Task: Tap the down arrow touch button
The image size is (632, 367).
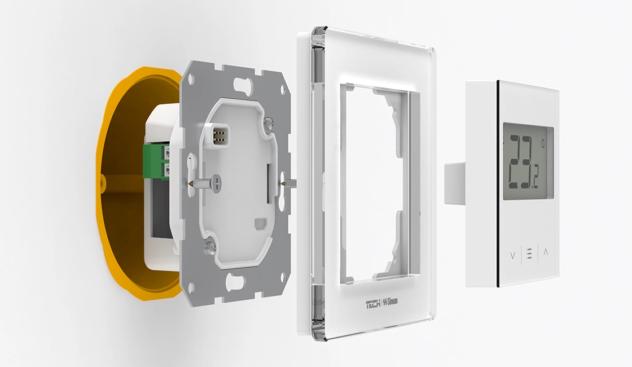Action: coord(512,255)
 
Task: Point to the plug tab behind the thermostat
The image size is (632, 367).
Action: coord(454,182)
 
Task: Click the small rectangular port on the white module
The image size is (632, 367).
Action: coord(260,224)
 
